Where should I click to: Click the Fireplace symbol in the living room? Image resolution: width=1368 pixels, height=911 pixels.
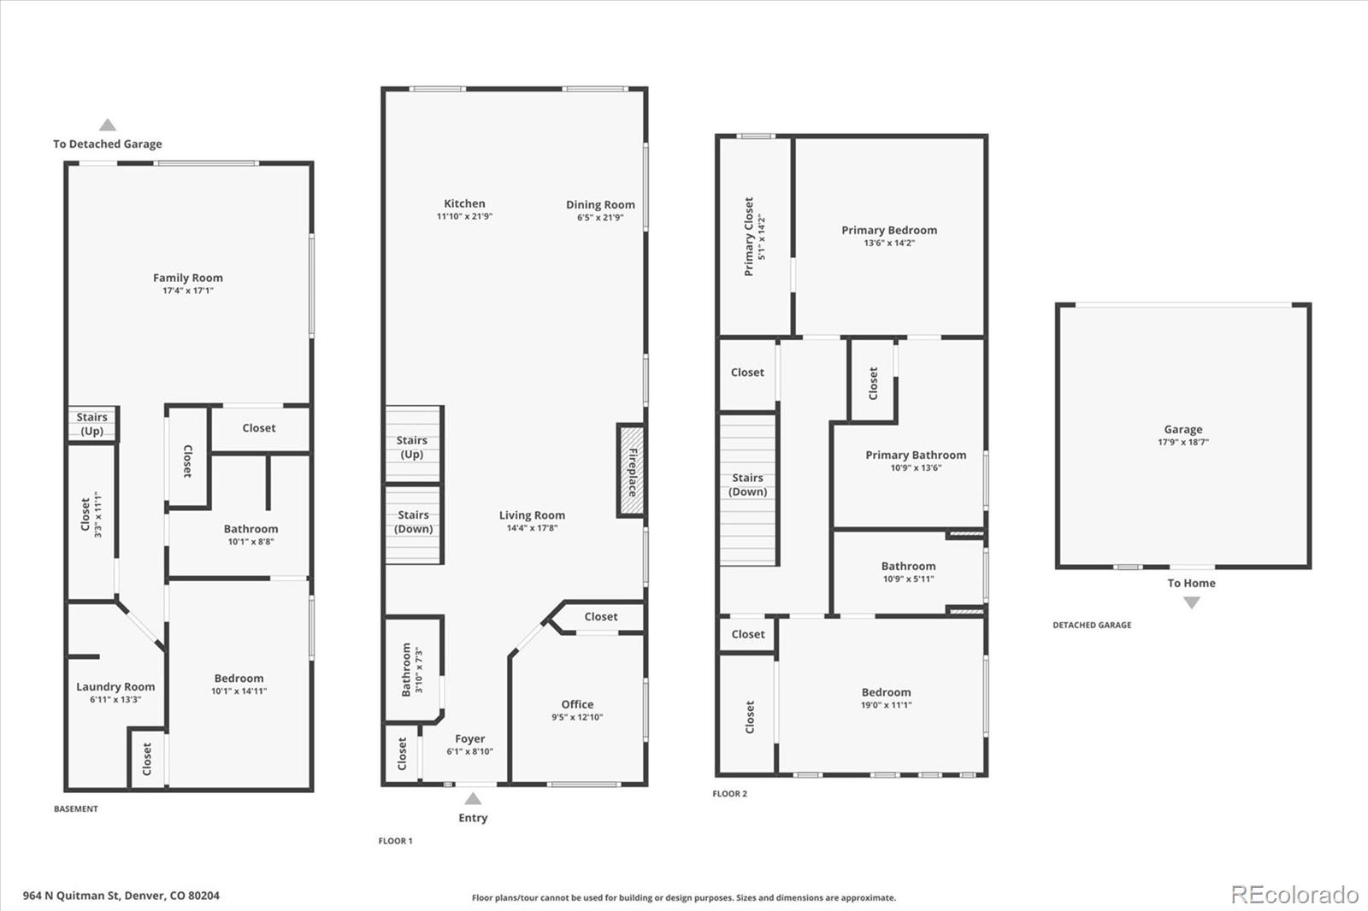[x=631, y=471]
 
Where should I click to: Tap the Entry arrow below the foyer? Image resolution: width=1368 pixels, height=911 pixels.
[x=473, y=799]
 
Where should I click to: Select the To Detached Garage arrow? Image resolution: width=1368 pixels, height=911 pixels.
[x=108, y=126]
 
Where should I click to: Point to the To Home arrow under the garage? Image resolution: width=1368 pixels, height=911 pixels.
[x=1191, y=602]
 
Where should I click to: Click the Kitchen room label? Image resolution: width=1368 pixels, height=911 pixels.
[x=464, y=203]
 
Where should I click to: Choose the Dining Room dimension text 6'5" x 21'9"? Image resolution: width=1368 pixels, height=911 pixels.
[x=600, y=218]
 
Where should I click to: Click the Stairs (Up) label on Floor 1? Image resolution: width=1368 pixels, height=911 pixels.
[x=412, y=447]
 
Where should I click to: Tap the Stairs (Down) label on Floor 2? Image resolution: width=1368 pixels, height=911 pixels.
[x=747, y=485]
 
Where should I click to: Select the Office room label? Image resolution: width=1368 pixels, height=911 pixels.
[x=577, y=704]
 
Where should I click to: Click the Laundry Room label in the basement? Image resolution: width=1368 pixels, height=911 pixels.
[x=115, y=686]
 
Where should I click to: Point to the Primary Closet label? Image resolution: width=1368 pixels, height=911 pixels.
[x=749, y=237]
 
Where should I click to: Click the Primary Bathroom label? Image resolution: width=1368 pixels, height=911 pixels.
[x=916, y=455]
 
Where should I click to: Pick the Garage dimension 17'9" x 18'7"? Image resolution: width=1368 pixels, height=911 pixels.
[x=1183, y=443]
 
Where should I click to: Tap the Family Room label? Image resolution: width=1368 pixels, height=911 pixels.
[x=188, y=278]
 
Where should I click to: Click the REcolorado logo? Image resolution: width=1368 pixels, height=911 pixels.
[x=1294, y=894]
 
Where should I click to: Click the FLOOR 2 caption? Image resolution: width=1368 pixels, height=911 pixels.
[x=729, y=794]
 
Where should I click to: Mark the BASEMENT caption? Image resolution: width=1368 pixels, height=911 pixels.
[x=76, y=808]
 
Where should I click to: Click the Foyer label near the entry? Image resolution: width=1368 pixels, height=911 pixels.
[x=469, y=738]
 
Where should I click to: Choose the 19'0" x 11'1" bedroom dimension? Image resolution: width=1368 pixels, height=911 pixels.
[x=886, y=705]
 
